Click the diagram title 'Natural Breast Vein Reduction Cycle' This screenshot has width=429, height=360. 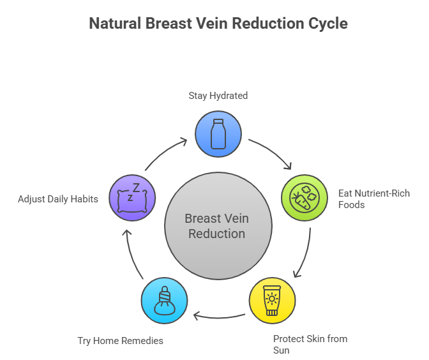(x=218, y=24)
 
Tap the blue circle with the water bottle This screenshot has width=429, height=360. (x=218, y=133)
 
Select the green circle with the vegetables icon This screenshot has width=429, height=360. (x=305, y=198)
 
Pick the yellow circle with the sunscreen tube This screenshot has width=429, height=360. (x=272, y=300)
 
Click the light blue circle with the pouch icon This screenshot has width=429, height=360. (x=164, y=300)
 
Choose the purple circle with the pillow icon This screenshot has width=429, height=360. (x=132, y=197)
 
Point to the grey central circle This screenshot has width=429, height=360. (x=218, y=226)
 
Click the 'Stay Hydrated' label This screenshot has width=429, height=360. (x=218, y=96)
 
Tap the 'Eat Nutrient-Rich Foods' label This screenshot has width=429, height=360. (x=365, y=199)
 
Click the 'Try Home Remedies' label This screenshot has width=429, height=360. (x=120, y=340)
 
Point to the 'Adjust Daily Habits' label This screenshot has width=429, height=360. (x=58, y=199)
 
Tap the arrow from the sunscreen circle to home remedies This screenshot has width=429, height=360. (x=219, y=315)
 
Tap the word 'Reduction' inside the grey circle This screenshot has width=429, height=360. (x=217, y=234)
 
